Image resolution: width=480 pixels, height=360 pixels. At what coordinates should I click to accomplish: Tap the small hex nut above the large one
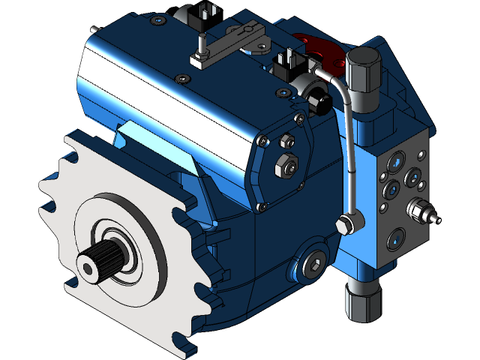click(285, 140)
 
